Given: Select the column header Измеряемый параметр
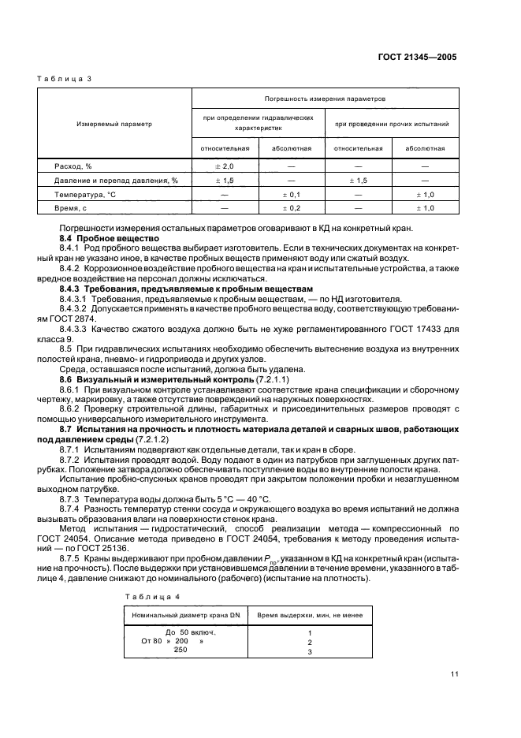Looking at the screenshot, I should click(114, 124).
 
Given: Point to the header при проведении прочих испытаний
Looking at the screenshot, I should click(392, 124).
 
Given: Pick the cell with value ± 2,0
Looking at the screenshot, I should click(225, 166).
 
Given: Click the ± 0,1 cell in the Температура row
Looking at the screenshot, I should click(292, 194).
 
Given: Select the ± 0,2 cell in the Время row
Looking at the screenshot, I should click(292, 207).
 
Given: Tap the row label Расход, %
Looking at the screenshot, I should click(73, 166).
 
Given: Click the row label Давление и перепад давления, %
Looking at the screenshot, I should click(116, 181).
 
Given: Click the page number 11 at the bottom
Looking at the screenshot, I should click(455, 673).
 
